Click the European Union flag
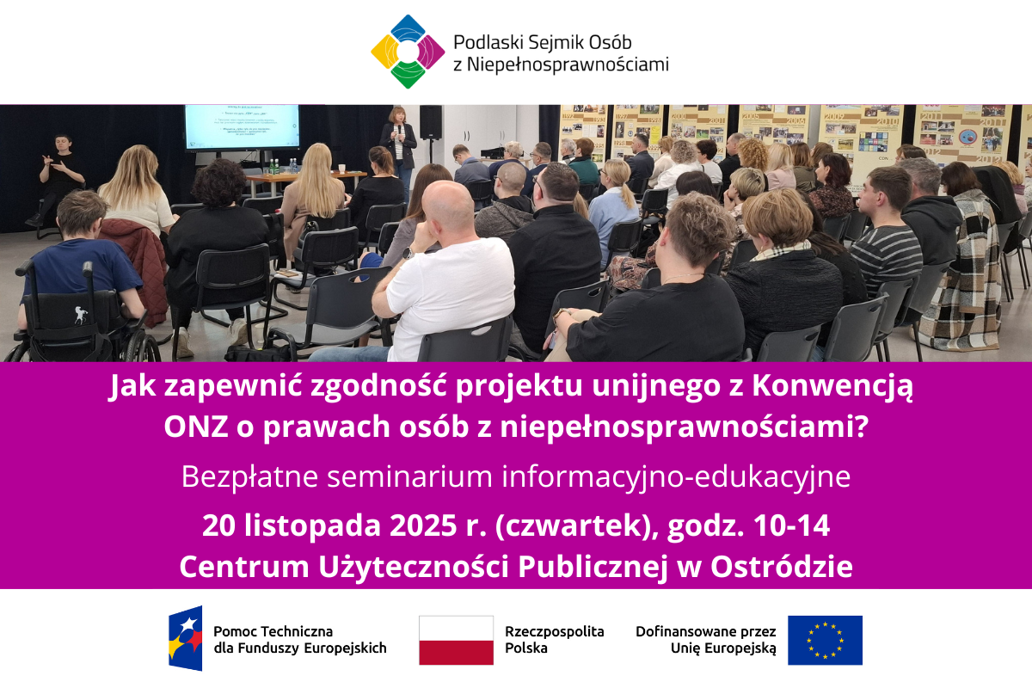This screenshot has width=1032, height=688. pos(825,640)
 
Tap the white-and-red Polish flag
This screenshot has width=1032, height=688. pos(456,640)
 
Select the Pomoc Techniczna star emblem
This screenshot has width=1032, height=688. pos(185,638)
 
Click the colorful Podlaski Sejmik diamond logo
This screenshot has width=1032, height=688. pos(408,52)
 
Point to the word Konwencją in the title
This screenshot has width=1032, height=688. pos(832,385)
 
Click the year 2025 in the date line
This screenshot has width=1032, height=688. pos(423,525)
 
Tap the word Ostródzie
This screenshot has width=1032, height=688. pos(782,566)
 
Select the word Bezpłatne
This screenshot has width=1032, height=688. pos(249,476)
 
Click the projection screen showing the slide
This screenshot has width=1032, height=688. pos(242,127)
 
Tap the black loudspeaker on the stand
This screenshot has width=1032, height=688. pos(430,122)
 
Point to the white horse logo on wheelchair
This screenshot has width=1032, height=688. pos(81,316)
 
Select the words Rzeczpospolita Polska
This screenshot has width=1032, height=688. pos(554,640)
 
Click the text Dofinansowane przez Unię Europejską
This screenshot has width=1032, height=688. pos(706,640)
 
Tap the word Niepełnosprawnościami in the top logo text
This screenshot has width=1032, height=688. pos(568,65)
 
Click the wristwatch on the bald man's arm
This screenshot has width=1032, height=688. pos(408,253)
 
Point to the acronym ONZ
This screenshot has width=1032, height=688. pos(196,427)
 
